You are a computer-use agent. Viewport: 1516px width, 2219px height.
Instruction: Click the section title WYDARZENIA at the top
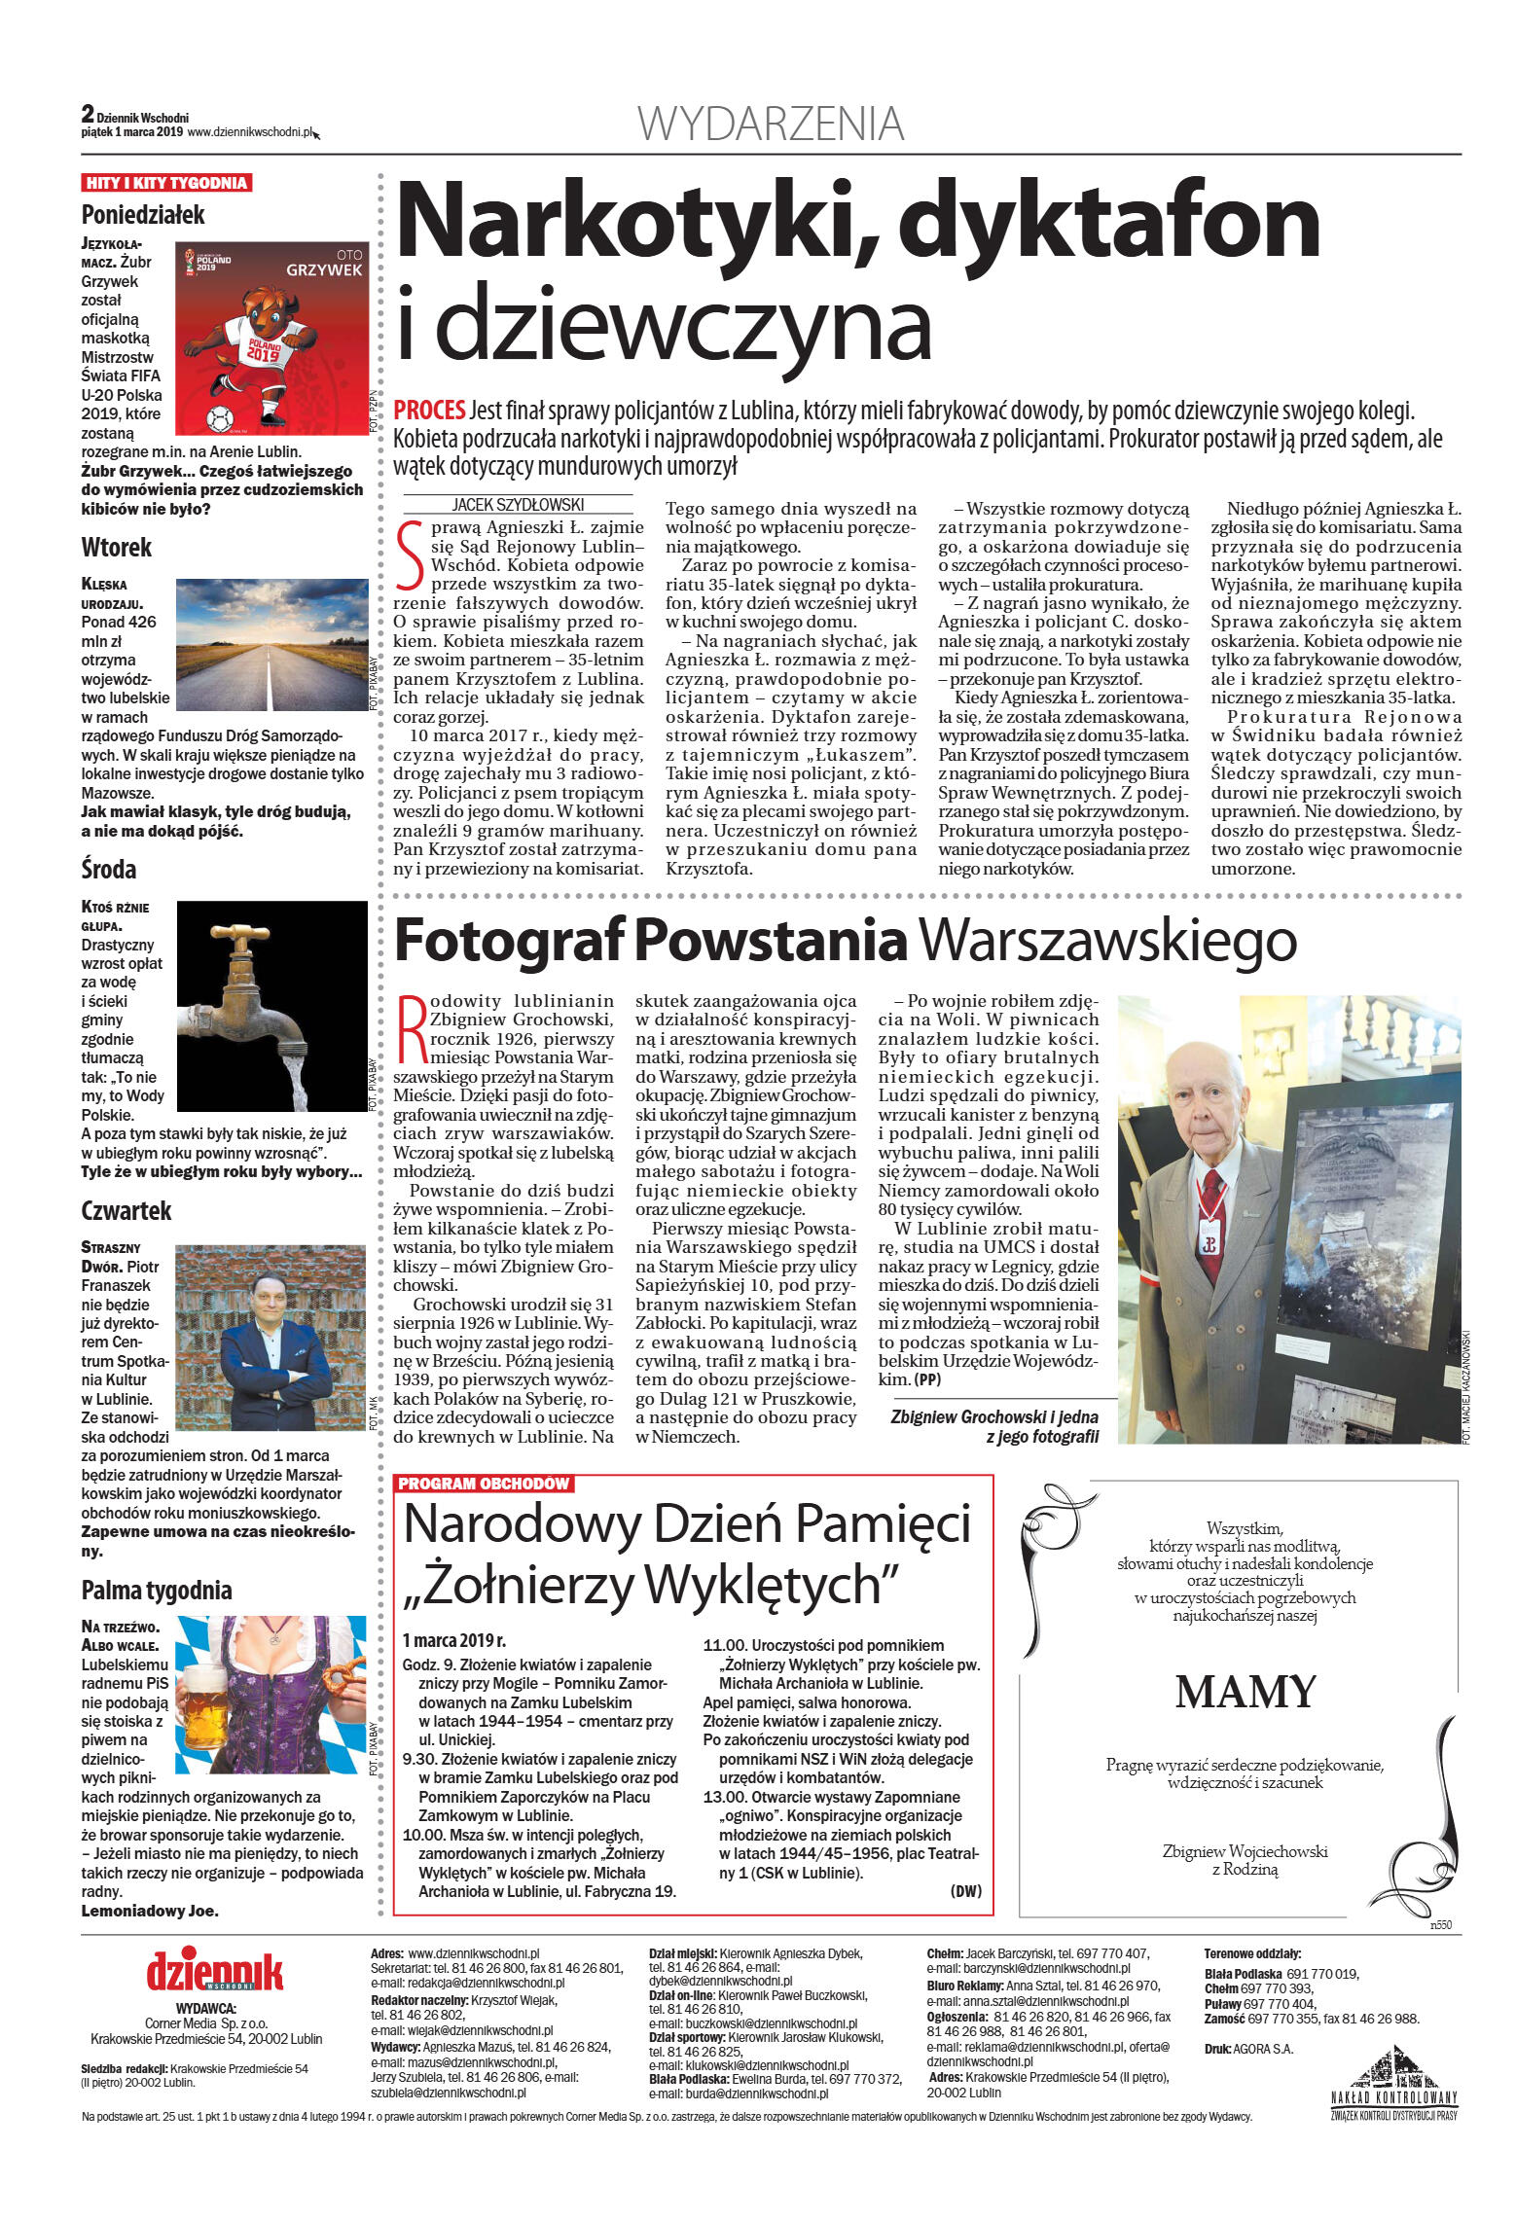pyautogui.click(x=770, y=124)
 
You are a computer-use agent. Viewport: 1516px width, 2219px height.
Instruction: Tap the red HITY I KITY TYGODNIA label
pyautogui.click(x=166, y=183)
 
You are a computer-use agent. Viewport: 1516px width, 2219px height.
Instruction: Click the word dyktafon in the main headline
pyautogui.click(x=1109, y=223)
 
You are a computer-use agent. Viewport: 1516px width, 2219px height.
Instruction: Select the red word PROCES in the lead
pyautogui.click(x=428, y=411)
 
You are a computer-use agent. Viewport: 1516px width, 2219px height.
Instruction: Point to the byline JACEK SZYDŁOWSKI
pyautogui.click(x=517, y=504)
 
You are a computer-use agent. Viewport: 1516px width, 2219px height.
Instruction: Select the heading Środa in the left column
pyautogui.click(x=109, y=869)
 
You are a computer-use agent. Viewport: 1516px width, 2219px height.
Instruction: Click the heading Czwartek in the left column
pyautogui.click(x=126, y=1210)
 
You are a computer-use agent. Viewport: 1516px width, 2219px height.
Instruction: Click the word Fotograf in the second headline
pyautogui.click(x=509, y=941)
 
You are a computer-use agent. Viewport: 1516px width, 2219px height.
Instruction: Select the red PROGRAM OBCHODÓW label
pyautogui.click(x=484, y=1484)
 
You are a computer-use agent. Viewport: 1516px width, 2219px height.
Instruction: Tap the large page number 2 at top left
pyautogui.click(x=88, y=114)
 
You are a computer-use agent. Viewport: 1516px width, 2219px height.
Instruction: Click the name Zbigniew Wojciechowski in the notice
pyautogui.click(x=1245, y=1852)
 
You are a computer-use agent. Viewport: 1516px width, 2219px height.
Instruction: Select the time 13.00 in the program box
pyautogui.click(x=724, y=1797)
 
